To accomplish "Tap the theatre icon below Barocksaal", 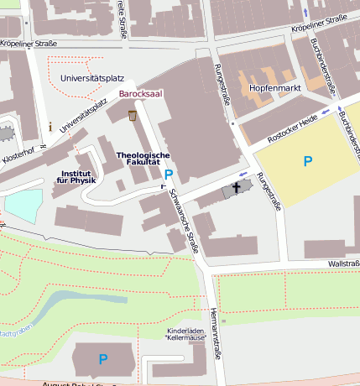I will [131, 114].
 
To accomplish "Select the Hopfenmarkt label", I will [271, 87].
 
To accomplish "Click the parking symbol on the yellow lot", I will [308, 161].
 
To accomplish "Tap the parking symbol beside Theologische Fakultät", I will [169, 175].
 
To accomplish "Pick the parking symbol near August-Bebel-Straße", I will [103, 359].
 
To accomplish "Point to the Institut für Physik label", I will [76, 175].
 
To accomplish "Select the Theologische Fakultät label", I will [143, 159].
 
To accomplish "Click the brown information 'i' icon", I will [50, 127].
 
